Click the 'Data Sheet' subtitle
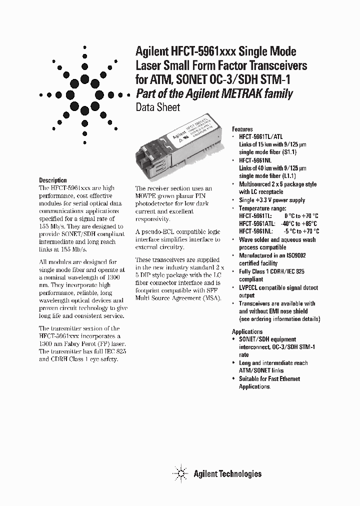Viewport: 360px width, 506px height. tap(158, 107)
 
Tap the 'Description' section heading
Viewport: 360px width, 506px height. tap(52, 180)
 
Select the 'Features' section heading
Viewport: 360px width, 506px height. tap(242, 129)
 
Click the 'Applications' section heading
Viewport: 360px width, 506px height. tap(247, 331)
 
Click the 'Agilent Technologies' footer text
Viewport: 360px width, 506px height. tap(227, 473)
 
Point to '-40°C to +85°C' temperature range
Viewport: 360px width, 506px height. tap(299, 224)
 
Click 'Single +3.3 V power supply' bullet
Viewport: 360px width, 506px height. tap(272, 200)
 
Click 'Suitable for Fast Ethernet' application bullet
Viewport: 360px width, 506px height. tap(269, 379)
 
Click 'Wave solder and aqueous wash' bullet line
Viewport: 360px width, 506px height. tap(277, 239)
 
